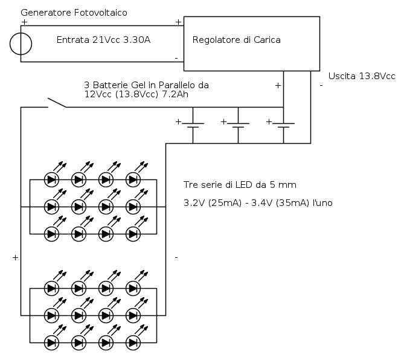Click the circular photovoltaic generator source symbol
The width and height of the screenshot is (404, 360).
point(21,43)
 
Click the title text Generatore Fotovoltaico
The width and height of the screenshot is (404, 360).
point(74,12)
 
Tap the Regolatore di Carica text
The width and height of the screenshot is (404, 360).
point(236,40)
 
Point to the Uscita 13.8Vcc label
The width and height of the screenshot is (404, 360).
point(361,76)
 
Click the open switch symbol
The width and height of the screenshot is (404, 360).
point(57,103)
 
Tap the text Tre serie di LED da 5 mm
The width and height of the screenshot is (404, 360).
point(240,184)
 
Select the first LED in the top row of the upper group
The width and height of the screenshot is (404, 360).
point(52,179)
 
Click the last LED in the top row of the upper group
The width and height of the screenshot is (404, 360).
point(133,179)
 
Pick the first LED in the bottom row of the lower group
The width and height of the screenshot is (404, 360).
point(52,343)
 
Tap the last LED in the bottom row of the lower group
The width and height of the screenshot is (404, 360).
point(133,343)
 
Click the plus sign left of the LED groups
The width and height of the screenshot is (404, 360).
point(14,258)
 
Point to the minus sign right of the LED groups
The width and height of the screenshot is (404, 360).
point(176,258)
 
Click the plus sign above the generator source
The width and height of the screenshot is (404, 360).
point(24,22)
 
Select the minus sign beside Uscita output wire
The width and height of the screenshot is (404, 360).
point(321,86)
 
